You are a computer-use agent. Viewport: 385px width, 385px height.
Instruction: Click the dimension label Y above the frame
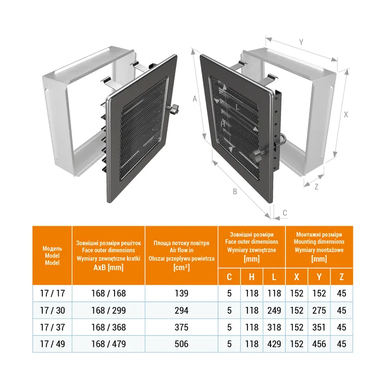point(301,42)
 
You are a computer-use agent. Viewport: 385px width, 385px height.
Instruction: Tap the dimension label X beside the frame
point(346,115)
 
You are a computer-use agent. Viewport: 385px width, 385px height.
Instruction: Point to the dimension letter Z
point(317,187)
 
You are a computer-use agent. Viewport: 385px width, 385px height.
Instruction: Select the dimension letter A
point(195,99)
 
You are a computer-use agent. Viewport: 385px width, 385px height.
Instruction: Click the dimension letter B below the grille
point(235,192)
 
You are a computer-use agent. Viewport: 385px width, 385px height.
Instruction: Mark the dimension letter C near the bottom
point(285,213)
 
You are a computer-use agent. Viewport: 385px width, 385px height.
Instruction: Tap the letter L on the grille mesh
point(237,107)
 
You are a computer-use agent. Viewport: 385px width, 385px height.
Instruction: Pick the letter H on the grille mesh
point(222,124)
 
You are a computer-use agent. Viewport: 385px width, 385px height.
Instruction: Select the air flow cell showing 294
point(181,310)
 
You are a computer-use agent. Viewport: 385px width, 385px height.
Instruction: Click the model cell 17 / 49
point(52,344)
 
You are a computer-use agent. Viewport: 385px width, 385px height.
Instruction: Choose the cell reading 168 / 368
point(109,327)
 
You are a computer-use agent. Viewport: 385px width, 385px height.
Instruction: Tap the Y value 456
point(319,344)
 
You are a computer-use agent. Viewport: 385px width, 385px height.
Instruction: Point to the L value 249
point(274,310)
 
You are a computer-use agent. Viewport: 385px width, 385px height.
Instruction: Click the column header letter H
point(252,277)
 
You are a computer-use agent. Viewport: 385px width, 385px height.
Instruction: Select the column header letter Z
point(342,277)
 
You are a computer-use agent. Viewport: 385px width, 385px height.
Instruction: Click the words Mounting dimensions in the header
point(319,242)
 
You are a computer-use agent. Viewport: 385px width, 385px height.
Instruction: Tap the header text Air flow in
point(181,250)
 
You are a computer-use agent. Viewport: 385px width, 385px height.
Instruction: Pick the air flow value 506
point(181,344)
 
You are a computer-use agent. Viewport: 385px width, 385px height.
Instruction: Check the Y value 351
point(319,327)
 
